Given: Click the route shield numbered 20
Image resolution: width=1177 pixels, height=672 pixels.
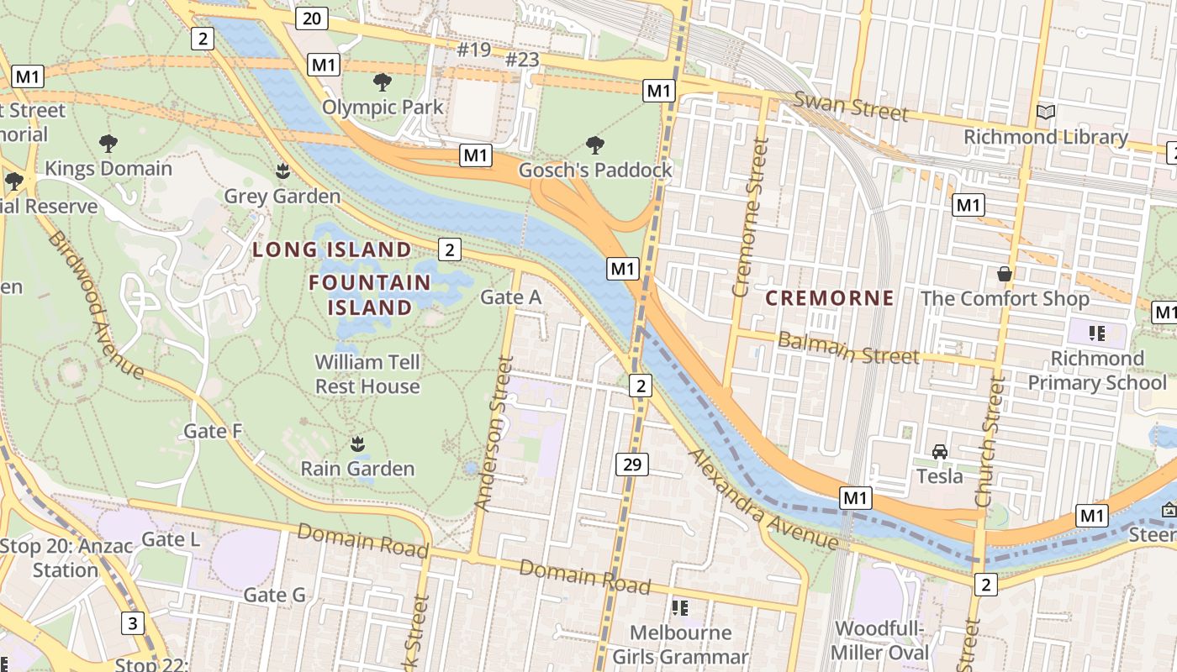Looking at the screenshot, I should click(311, 18).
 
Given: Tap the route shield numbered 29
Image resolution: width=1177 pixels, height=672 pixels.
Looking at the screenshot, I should click(631, 464).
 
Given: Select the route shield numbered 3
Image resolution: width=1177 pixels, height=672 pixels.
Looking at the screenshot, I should click(132, 623).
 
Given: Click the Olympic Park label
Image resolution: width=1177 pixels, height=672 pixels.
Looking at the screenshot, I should click(383, 107).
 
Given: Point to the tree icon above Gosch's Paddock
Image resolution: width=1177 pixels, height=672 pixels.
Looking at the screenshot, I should click(595, 145).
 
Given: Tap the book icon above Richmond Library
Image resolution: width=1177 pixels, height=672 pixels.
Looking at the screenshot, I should click(1045, 113).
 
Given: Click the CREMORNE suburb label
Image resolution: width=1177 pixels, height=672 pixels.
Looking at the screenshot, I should click(829, 298).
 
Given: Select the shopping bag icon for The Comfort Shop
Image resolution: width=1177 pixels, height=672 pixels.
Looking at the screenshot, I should click(1004, 274).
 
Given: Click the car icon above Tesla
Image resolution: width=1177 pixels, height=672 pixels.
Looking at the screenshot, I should click(940, 452).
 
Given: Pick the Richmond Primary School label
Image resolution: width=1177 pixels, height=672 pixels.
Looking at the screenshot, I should click(1097, 370).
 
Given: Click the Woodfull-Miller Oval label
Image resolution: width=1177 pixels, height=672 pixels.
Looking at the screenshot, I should click(879, 641).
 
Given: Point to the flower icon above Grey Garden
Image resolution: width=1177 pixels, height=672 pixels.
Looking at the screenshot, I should click(282, 172).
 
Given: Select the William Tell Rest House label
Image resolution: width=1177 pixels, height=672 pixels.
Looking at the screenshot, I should click(367, 375).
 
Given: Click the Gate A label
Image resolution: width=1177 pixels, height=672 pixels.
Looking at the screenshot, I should click(510, 297).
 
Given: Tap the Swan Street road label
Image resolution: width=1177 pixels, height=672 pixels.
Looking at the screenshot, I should click(851, 107).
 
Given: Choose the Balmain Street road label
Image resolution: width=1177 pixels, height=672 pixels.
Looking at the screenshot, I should click(847, 348).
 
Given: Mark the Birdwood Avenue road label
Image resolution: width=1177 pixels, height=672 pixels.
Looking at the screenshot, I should click(94, 304).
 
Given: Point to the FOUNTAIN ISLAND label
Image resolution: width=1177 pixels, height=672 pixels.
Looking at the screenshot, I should click(370, 295).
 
